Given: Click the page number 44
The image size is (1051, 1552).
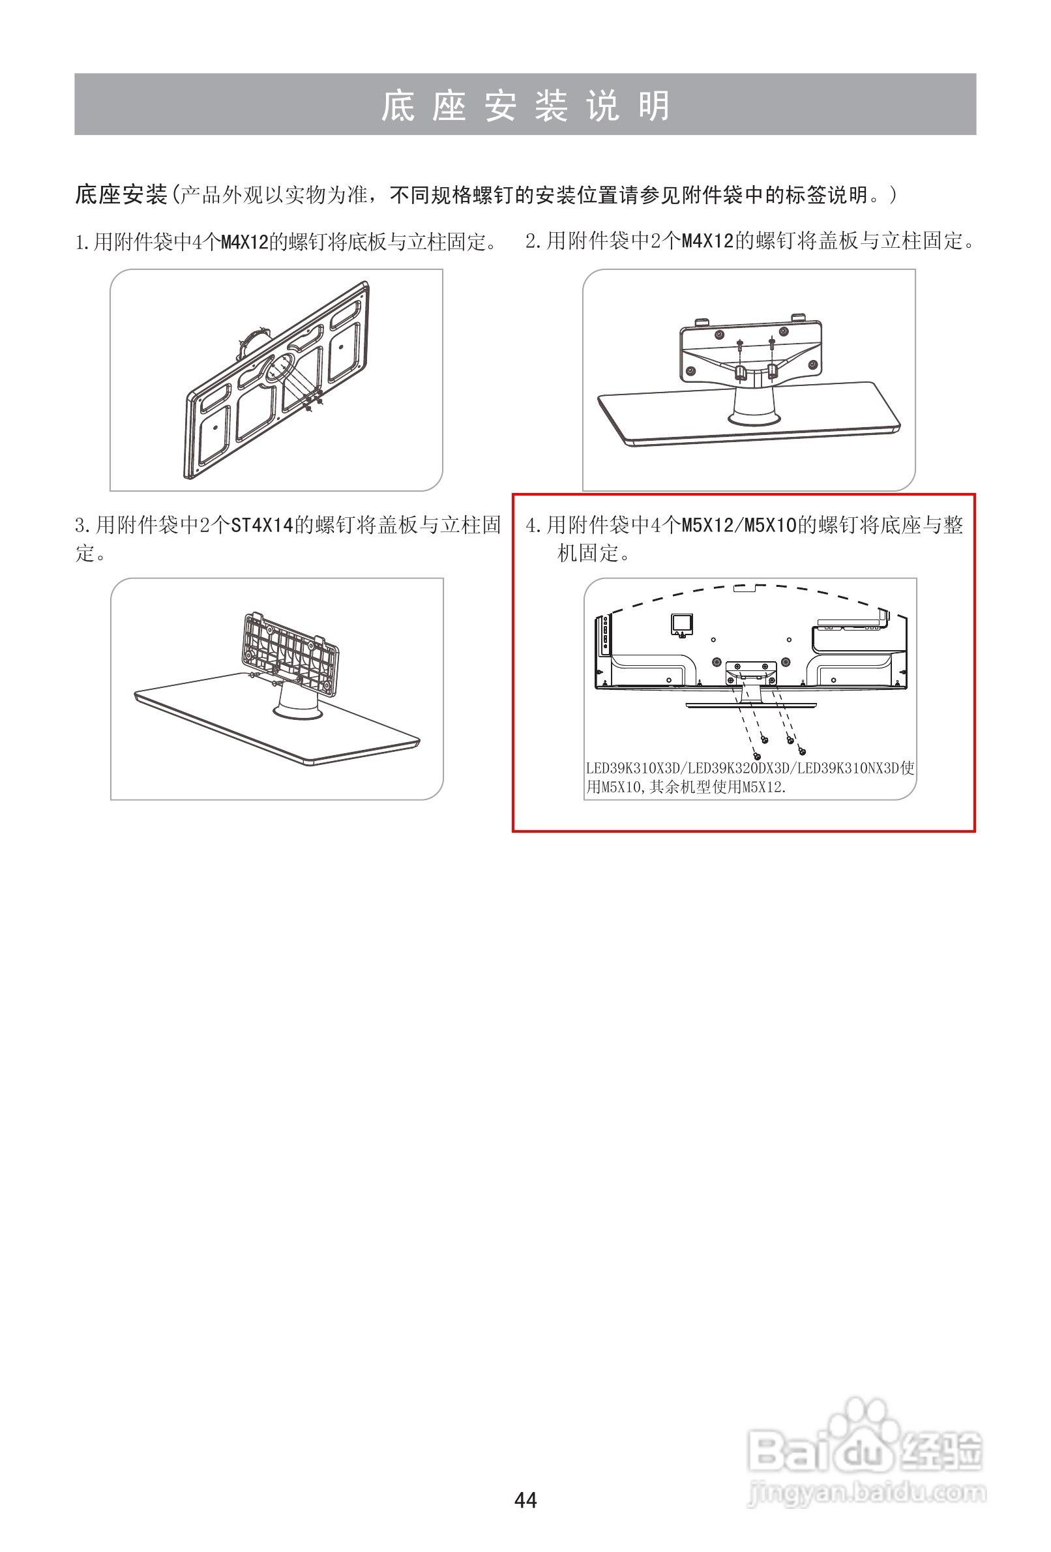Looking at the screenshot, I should [525, 1500].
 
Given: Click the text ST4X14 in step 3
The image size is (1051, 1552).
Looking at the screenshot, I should [261, 526].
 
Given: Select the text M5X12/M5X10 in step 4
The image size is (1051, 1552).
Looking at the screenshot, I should [739, 526].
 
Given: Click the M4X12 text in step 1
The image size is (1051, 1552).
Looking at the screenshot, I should [244, 242].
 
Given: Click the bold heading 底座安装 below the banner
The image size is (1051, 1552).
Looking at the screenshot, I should [121, 195].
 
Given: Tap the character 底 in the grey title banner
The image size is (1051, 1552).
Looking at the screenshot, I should [397, 106].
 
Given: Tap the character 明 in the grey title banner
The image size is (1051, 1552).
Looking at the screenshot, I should [654, 106].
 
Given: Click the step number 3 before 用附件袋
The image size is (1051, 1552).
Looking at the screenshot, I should [80, 526].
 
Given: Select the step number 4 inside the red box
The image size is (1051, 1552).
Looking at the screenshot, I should [531, 526].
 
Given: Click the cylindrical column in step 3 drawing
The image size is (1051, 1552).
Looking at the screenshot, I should [297, 700].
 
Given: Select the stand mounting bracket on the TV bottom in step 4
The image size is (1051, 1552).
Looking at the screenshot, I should [751, 672].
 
